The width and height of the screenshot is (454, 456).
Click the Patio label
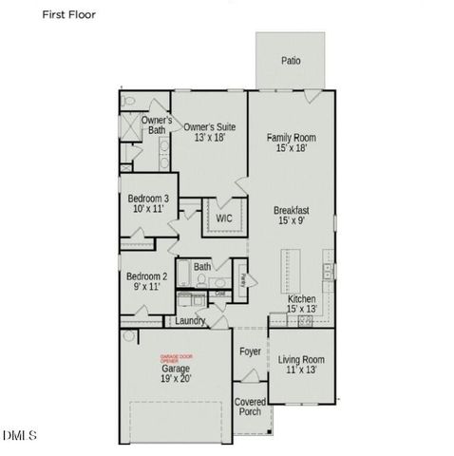[x=291, y=61]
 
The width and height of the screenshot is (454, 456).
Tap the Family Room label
[x=291, y=138]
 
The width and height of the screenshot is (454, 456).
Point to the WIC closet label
[x=224, y=218]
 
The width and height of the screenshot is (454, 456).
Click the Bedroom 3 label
[x=148, y=199]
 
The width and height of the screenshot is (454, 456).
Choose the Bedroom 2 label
[x=147, y=277]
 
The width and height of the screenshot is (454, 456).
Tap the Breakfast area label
[x=292, y=210]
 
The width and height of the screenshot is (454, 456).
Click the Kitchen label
[x=302, y=299]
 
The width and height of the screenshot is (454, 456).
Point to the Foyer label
[x=250, y=351]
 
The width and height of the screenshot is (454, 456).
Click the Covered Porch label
[x=250, y=407]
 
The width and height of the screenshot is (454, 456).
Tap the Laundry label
[x=191, y=321]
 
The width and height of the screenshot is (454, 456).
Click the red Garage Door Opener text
[x=175, y=359]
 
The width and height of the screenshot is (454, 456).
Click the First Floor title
[x=69, y=15]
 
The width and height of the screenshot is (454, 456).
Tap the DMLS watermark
[x=20, y=436]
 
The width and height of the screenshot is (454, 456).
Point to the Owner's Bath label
[x=157, y=125]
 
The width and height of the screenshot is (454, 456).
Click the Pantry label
[x=243, y=279]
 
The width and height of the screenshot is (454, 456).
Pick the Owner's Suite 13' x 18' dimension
[x=209, y=138]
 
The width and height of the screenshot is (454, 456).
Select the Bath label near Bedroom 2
[x=202, y=267]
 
